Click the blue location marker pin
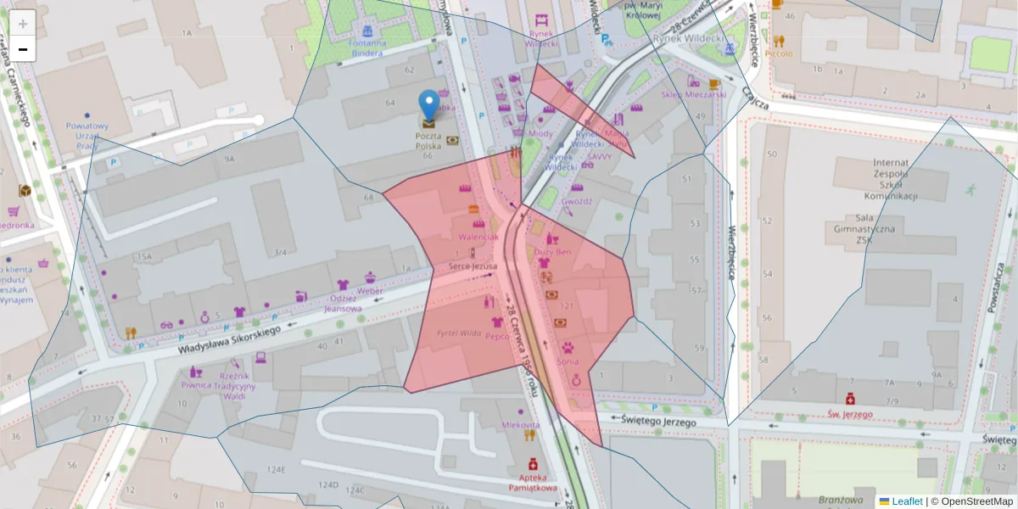[x=430, y=106]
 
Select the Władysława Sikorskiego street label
[x=228, y=337]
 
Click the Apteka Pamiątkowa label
[x=533, y=483]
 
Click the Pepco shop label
[x=497, y=336]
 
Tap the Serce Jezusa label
[x=473, y=266]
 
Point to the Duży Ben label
[x=552, y=252]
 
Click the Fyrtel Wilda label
[x=458, y=333]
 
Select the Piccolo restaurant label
[x=778, y=53]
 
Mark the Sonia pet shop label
[x=568, y=361]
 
